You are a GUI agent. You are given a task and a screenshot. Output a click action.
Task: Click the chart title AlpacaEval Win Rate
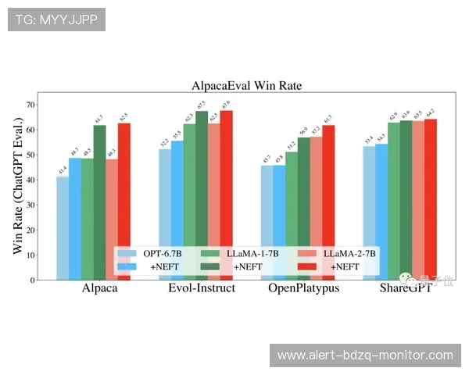247,86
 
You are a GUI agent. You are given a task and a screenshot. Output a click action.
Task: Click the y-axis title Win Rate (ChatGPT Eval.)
19,187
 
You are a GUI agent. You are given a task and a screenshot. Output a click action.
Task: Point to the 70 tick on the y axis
30,104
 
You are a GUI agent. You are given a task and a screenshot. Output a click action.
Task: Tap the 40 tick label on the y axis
30,180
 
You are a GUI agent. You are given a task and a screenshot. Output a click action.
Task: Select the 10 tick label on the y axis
30,255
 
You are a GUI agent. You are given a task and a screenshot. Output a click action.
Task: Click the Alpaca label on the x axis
100,287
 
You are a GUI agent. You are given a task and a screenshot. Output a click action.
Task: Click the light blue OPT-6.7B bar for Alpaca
63,227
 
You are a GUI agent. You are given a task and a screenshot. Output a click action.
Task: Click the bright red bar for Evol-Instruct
226,195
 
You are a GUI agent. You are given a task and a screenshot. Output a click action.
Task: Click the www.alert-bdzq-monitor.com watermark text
365,355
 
